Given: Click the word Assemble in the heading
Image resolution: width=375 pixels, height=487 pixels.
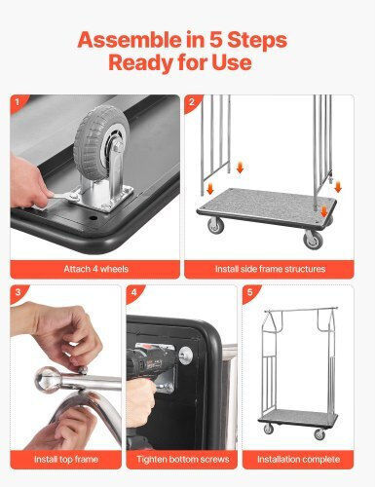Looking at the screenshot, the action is click(x=130, y=40).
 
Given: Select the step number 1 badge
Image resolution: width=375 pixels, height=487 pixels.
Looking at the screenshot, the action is click(x=19, y=102).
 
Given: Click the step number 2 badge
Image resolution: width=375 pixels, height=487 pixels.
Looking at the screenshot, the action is click(x=192, y=102).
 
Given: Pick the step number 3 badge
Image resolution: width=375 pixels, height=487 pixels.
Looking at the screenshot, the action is click(x=19, y=293).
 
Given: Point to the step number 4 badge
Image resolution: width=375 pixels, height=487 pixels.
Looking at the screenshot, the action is click(x=134, y=293).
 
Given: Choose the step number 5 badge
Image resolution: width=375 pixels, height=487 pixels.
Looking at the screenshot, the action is click(x=250, y=293).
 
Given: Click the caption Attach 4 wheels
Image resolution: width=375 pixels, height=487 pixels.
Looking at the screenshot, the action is click(x=95, y=269).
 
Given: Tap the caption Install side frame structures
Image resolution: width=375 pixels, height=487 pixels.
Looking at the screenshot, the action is click(x=270, y=269).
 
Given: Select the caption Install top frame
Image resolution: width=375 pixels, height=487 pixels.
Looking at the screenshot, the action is click(x=66, y=460).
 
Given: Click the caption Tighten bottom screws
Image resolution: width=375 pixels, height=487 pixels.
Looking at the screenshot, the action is click(x=182, y=460).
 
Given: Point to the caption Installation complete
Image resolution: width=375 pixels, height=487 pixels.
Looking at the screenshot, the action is click(x=298, y=460).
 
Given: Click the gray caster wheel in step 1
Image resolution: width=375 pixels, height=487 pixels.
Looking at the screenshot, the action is click(x=101, y=138).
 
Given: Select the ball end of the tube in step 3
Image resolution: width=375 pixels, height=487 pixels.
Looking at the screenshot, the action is click(x=48, y=380).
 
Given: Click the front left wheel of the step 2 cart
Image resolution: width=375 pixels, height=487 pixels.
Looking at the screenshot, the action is click(x=215, y=225).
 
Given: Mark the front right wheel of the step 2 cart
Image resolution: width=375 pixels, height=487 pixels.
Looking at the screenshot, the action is click(x=313, y=240).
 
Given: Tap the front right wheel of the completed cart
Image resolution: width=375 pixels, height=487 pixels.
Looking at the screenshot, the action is click(x=319, y=434).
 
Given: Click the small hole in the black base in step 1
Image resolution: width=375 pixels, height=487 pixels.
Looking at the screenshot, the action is click(x=94, y=217).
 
